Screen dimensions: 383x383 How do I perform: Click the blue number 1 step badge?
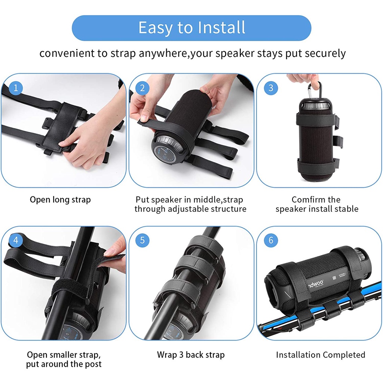[16, 88]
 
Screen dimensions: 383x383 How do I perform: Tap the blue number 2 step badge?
[143, 88]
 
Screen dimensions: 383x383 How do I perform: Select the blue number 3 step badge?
[271, 88]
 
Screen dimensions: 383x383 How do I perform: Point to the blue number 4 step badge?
[16, 240]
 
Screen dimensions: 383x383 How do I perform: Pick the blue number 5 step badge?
[143, 240]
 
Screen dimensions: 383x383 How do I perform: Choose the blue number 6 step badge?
[271, 240]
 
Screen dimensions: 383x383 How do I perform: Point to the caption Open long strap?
[60, 200]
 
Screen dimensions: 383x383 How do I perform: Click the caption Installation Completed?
[321, 355]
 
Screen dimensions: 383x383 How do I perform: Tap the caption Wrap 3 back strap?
[191, 355]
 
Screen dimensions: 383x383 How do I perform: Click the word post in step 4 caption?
[93, 364]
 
